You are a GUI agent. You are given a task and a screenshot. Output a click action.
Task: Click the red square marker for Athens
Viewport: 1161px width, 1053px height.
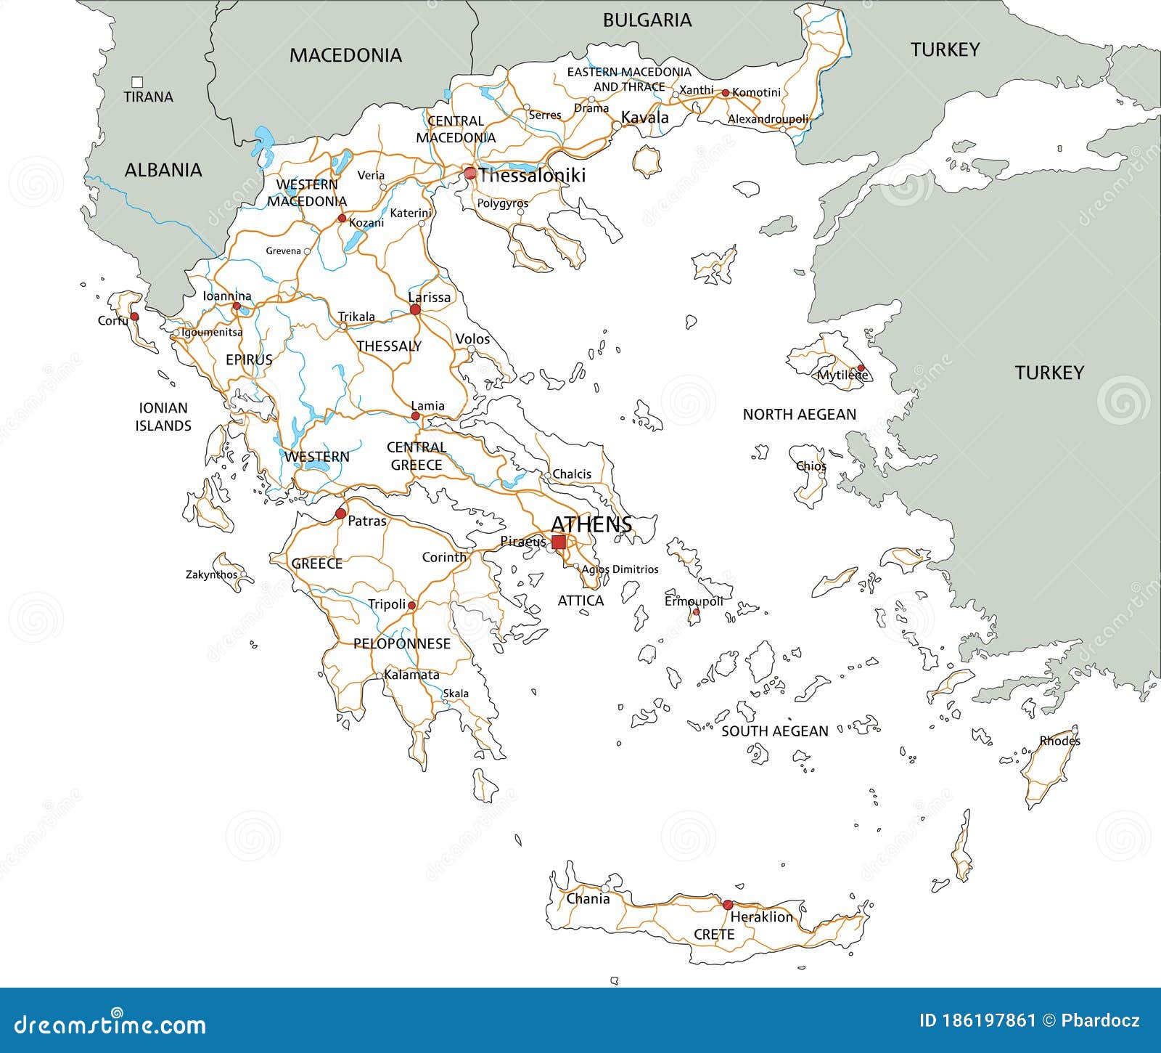click(559, 542)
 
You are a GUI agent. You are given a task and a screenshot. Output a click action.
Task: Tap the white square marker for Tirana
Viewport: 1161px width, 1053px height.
click(137, 82)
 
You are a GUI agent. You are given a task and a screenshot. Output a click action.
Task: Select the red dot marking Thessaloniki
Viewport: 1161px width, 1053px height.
click(470, 174)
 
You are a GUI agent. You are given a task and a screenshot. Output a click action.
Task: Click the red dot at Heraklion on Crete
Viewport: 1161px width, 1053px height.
click(727, 904)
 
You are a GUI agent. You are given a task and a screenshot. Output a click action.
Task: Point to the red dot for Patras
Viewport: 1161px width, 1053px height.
click(340, 514)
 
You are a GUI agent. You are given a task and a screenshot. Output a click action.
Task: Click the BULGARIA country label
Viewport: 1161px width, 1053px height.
click(647, 20)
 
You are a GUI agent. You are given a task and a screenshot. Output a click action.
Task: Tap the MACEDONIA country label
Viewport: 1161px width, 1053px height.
click(345, 55)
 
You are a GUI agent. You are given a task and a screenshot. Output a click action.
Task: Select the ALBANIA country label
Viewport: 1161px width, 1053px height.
click(163, 170)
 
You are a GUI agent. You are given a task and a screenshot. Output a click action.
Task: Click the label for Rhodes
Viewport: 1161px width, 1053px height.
click(1059, 741)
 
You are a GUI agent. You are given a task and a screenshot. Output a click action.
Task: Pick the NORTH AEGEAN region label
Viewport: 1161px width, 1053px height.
click(799, 415)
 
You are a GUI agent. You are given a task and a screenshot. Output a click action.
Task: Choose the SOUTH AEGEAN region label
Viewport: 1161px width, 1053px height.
click(774, 731)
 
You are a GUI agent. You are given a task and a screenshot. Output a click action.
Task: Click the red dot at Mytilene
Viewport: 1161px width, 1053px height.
click(861, 368)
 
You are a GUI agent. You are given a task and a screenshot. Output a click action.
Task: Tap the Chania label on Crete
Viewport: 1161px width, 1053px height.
click(588, 899)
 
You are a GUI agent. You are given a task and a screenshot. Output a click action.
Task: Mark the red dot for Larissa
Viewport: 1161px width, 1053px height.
click(415, 309)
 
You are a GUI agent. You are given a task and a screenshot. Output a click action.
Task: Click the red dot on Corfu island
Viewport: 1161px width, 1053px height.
click(134, 317)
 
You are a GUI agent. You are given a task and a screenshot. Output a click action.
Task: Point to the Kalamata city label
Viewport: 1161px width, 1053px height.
click(411, 675)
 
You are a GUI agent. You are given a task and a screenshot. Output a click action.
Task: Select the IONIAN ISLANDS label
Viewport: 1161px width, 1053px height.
click(163, 417)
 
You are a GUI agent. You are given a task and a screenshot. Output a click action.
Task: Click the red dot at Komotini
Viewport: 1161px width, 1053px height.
click(724, 93)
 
